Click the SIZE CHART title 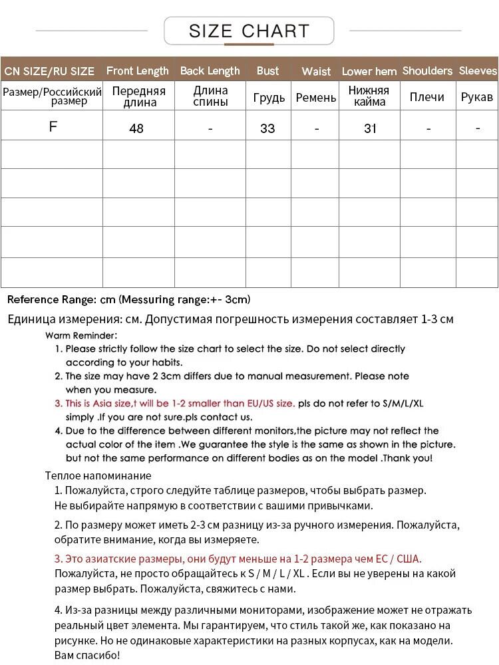[x=249, y=31]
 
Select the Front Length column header [x=138, y=70]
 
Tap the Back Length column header [x=210, y=70]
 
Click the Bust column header [x=267, y=70]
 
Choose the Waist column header [x=316, y=71]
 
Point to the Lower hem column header [x=369, y=71]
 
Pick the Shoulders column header [x=427, y=70]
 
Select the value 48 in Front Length [x=136, y=128]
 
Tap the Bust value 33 [x=267, y=128]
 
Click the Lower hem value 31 [x=370, y=128]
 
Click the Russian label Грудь [x=269, y=98]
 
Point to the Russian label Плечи [x=427, y=97]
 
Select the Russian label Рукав [x=477, y=97]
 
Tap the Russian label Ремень [x=316, y=98]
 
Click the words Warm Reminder [x=81, y=336]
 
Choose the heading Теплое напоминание [x=98, y=475]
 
